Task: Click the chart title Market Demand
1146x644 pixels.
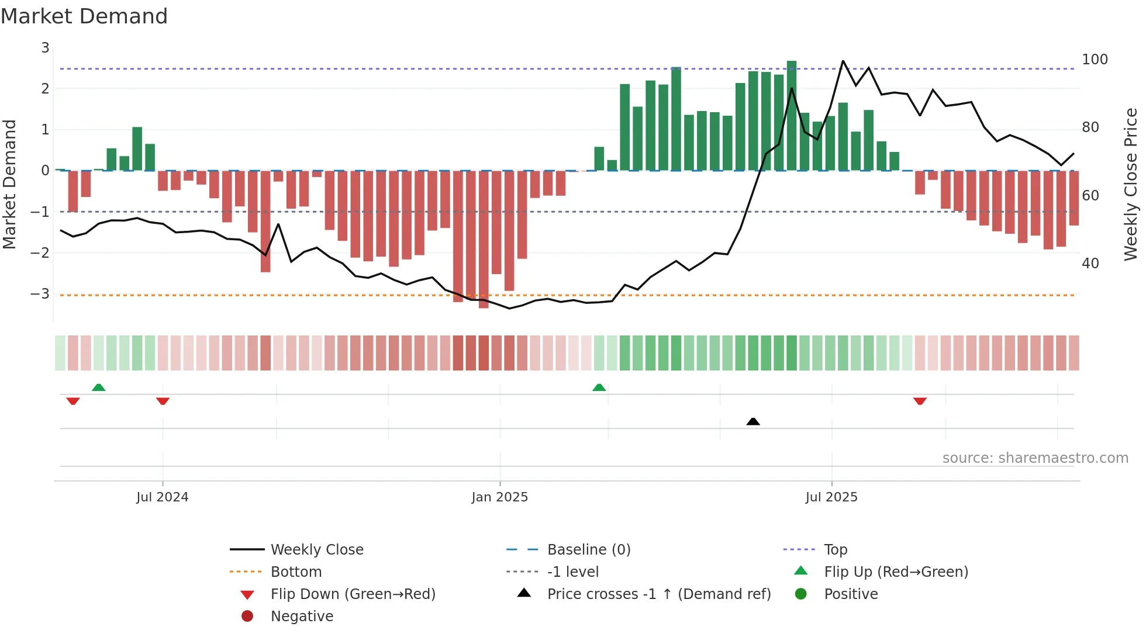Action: (x=84, y=16)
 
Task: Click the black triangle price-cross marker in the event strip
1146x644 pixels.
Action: (x=753, y=421)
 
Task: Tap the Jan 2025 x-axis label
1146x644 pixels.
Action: (x=499, y=497)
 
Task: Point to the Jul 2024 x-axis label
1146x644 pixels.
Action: (x=162, y=497)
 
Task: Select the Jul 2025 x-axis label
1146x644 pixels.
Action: (x=831, y=497)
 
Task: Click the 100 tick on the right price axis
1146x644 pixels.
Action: (x=1095, y=60)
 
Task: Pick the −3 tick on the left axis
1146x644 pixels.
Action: (x=40, y=293)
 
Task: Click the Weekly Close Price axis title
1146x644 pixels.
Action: (x=1131, y=184)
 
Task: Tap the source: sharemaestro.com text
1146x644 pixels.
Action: (x=1035, y=458)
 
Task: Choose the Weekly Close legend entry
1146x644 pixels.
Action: (x=316, y=550)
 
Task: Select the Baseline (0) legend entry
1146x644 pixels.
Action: (x=588, y=550)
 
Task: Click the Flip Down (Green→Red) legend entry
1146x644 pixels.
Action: (x=353, y=594)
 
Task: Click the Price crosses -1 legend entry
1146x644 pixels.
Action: (x=658, y=594)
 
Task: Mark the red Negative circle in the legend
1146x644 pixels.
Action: (x=247, y=617)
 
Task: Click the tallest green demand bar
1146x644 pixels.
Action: (x=792, y=116)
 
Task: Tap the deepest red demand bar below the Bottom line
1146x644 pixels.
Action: (x=484, y=240)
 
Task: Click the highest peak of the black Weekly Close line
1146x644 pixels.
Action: (x=843, y=61)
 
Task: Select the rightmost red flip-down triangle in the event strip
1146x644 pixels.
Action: (x=920, y=401)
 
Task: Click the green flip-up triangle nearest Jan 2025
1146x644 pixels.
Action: (x=599, y=387)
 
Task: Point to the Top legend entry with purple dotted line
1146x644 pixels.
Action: (x=835, y=550)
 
